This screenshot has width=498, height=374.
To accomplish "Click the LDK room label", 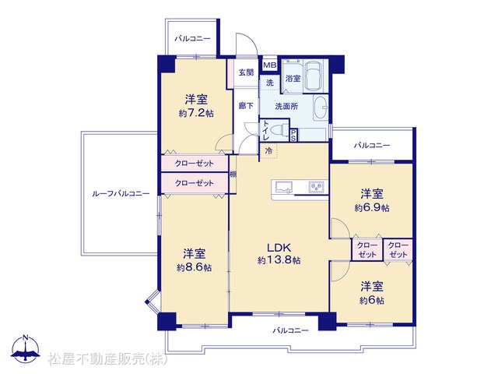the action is (x=279, y=247).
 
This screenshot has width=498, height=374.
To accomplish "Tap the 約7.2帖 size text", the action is (x=196, y=113).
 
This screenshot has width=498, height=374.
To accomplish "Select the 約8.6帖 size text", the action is (x=194, y=267).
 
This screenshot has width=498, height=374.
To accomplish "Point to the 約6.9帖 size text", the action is (x=372, y=208).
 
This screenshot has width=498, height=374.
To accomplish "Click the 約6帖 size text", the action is (x=372, y=300).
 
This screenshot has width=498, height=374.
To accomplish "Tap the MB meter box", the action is (x=270, y=65).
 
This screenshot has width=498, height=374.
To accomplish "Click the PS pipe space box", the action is (x=293, y=135).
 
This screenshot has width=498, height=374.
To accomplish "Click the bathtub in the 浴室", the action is (x=313, y=76).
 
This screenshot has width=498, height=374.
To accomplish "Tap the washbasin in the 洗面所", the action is (x=321, y=108).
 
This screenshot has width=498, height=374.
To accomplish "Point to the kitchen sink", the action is (x=284, y=187).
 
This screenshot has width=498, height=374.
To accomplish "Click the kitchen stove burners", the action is (x=317, y=186).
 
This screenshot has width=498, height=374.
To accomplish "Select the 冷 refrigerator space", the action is (x=268, y=150).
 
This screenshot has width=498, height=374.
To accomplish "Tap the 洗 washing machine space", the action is (x=270, y=83).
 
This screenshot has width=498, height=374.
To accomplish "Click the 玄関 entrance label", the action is (x=246, y=72).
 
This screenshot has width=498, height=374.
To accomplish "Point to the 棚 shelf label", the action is (x=233, y=175).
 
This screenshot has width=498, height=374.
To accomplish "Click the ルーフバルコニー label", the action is (x=121, y=193).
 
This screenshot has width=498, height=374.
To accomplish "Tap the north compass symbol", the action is (x=26, y=348).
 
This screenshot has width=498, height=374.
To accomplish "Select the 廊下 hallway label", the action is (x=246, y=106).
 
